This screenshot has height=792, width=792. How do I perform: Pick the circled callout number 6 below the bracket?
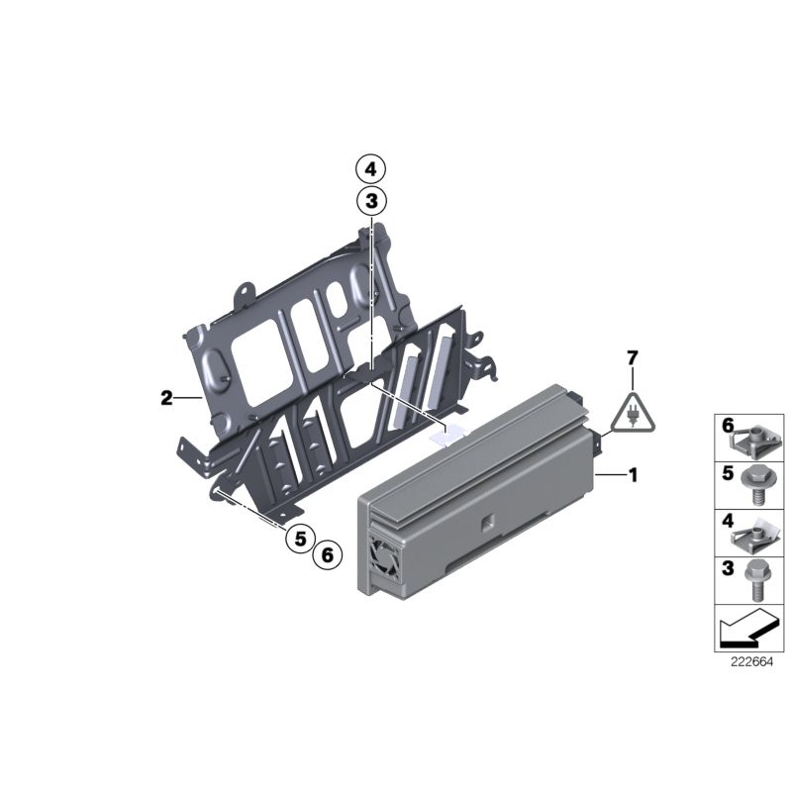click(x=326, y=556)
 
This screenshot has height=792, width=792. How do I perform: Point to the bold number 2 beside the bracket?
click(x=166, y=399)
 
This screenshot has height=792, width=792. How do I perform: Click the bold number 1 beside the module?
click(x=633, y=476)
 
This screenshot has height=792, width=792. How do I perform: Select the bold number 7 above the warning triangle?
click(x=633, y=356)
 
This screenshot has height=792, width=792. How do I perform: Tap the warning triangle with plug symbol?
click(x=631, y=412)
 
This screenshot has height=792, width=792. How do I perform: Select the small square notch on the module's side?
click(x=487, y=522)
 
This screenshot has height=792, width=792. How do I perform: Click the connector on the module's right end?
click(x=600, y=443)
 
